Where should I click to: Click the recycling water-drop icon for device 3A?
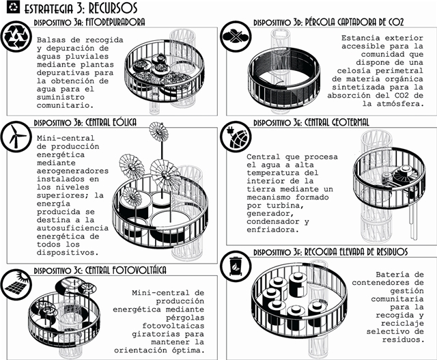coord(16,36)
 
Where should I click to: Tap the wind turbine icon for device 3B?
coord(16,137)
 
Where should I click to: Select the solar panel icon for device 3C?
coord(16,285)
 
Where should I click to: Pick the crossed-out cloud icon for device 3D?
coord(236,36)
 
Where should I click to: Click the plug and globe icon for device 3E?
coord(236,137)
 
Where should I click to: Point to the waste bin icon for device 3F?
coord(236,266)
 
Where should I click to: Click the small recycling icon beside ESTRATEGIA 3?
coord(14,7)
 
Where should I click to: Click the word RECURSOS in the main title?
coord(113,8)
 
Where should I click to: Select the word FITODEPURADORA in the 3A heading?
coord(115,23)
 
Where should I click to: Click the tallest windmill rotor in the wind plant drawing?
coord(159,131)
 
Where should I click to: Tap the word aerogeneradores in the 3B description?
coord(72,171)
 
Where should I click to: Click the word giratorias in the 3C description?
coord(156,334)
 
